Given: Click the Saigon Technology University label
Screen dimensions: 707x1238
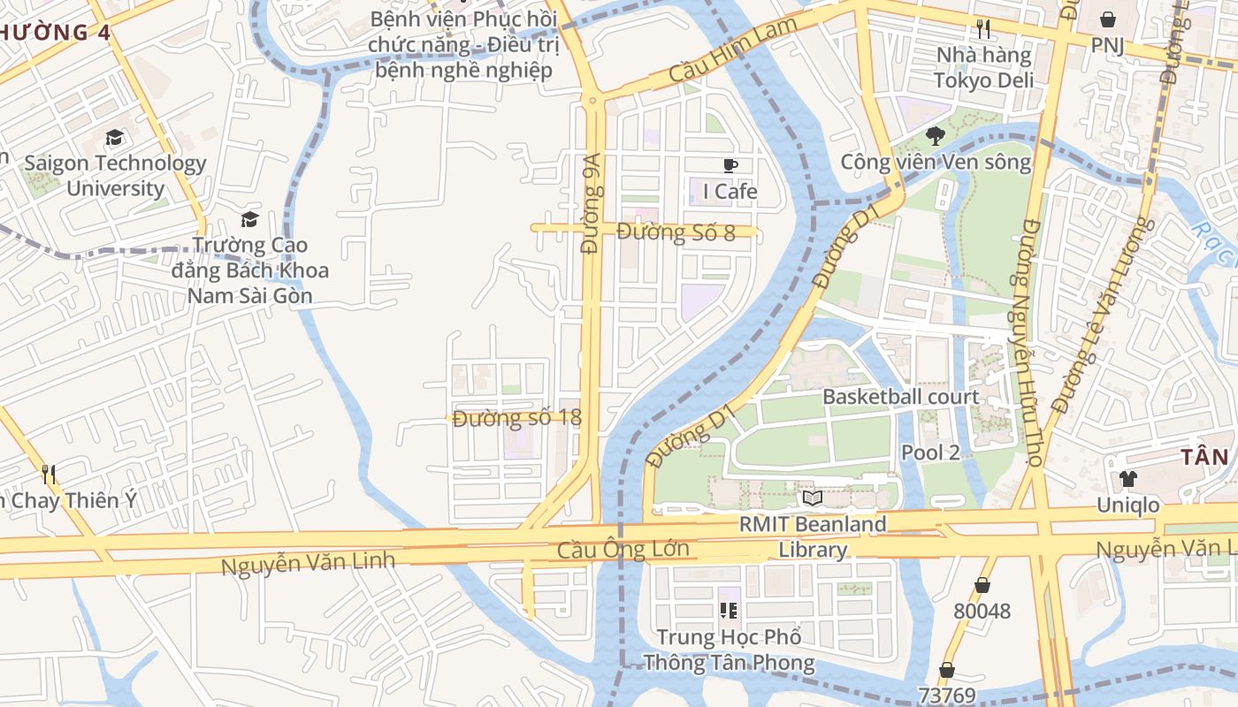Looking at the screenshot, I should coord(115,176).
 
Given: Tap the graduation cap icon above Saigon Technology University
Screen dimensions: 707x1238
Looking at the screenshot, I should coord(114,138).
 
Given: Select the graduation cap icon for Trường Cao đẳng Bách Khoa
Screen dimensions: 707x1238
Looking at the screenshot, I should coord(250,219).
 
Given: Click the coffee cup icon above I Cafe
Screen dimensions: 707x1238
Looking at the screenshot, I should coord(730,165).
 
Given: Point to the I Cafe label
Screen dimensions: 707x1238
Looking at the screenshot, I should coord(730,191).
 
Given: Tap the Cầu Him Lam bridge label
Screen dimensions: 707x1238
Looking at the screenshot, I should coord(733,51).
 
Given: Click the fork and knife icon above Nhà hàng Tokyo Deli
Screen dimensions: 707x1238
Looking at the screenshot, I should coord(983,29).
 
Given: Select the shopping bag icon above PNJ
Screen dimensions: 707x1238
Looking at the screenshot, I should coord(1107,19).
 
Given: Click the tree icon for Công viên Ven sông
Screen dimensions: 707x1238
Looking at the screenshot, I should coord(936,136).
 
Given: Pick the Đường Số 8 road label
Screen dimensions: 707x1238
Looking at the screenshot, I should coord(676,232).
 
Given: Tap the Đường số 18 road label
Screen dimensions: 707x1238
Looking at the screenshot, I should coord(516,418).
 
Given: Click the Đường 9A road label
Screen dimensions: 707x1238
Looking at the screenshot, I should coord(592,203).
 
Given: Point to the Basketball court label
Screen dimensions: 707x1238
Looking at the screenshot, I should coord(901,397).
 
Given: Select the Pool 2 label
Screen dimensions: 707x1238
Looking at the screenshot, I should coord(930,452).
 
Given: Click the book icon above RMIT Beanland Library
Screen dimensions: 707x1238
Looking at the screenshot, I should coord(813,498).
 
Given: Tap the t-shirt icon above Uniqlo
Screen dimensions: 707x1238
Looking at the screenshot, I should coord(1128,479).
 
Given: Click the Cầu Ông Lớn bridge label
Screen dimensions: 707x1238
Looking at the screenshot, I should coord(623,550).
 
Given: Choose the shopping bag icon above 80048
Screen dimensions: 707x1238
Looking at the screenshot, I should coord(982,585).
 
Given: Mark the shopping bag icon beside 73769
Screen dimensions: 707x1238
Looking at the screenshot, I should coord(947,670).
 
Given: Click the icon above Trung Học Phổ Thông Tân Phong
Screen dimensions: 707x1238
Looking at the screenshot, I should coord(729,610).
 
